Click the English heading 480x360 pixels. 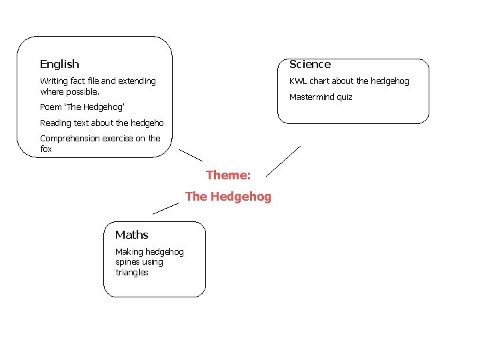click(x=59, y=64)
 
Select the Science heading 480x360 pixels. click(x=309, y=64)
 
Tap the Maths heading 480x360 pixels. click(x=131, y=235)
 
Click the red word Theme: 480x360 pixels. click(x=228, y=175)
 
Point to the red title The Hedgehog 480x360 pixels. click(x=228, y=197)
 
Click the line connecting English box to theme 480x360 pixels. click(x=191, y=155)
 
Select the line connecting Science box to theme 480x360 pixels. click(x=283, y=161)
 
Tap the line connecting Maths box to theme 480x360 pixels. click(x=166, y=207)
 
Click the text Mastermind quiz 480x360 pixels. click(x=321, y=97)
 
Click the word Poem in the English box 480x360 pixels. click(x=50, y=107)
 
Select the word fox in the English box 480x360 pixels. click(x=45, y=149)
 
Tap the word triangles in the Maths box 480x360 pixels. click(x=131, y=273)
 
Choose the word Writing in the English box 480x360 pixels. click(x=54, y=81)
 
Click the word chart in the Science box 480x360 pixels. click(x=319, y=81)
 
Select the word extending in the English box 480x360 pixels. click(x=137, y=81)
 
